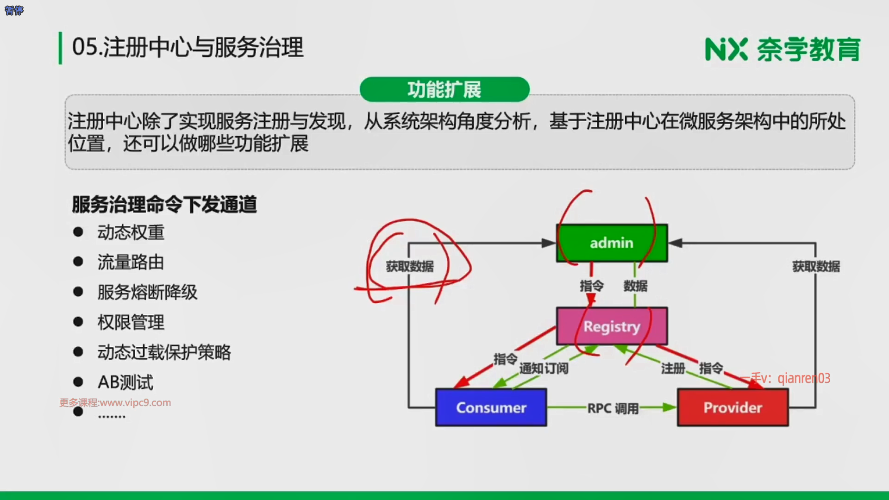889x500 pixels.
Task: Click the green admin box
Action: (611, 243)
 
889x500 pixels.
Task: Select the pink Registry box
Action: (611, 326)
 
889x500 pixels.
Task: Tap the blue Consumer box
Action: (491, 407)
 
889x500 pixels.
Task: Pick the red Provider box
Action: (732, 407)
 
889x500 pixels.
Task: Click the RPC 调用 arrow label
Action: (613, 408)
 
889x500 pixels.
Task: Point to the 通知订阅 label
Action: (544, 369)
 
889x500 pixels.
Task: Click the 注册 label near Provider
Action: (673, 369)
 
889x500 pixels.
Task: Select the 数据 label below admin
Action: (635, 286)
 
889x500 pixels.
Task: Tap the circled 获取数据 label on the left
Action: (410, 267)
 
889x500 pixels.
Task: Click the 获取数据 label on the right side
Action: (816, 267)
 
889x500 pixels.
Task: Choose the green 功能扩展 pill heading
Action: (444, 89)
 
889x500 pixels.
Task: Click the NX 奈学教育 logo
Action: (783, 49)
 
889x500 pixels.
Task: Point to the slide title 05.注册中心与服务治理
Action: (188, 47)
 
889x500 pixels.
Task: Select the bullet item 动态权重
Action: (131, 232)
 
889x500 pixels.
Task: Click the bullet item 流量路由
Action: (131, 262)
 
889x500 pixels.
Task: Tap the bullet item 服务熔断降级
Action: (147, 292)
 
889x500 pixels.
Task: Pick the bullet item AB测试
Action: (125, 382)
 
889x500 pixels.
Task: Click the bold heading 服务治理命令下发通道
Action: (164, 204)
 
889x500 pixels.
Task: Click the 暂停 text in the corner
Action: (14, 10)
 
